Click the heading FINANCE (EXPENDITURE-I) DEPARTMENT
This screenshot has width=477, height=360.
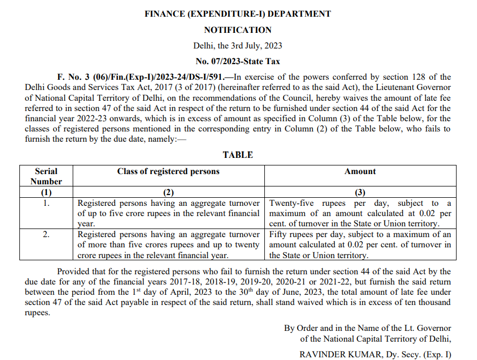(x=237, y=14)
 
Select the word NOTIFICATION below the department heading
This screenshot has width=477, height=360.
(x=237, y=30)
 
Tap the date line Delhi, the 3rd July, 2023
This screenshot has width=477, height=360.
(x=237, y=46)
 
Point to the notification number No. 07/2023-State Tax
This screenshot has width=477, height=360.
(x=237, y=61)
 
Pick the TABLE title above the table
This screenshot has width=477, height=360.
(x=237, y=155)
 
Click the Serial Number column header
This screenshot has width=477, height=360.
(x=46, y=176)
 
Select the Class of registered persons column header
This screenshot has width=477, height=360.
(x=169, y=171)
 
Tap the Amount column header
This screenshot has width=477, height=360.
(x=360, y=171)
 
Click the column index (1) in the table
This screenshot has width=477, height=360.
(x=46, y=192)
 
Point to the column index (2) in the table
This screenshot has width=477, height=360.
(x=169, y=192)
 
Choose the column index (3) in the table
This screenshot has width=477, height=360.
(x=360, y=192)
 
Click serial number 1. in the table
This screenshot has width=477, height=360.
(x=46, y=203)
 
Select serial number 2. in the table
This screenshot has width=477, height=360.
(x=46, y=234)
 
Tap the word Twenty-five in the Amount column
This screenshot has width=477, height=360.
(x=290, y=203)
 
